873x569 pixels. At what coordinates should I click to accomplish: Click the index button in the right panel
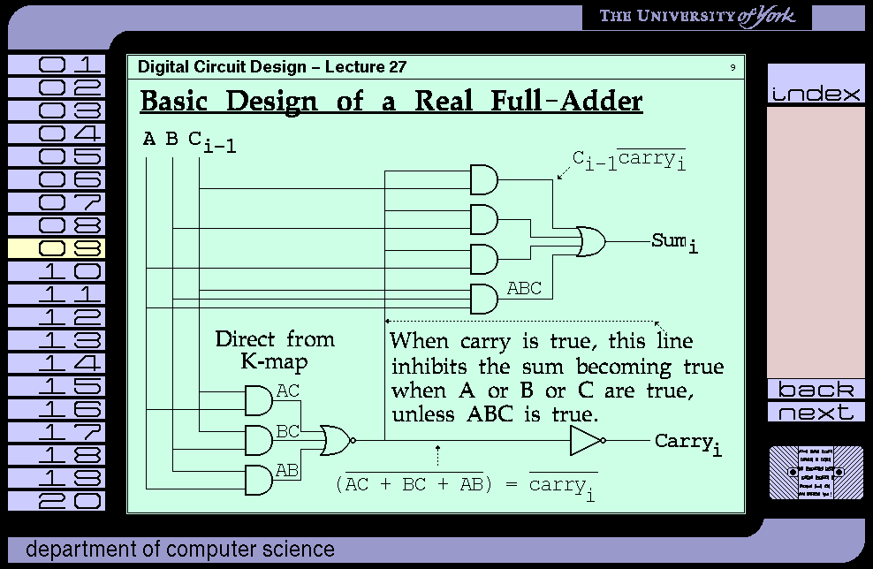[x=816, y=94]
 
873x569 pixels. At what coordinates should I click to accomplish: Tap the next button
[x=816, y=413]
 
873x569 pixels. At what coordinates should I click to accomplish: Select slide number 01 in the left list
[x=57, y=64]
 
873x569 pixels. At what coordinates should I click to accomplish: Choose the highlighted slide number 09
[x=57, y=248]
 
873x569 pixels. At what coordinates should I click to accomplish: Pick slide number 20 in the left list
[x=57, y=501]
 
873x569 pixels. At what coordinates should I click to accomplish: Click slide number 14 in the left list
[x=57, y=363]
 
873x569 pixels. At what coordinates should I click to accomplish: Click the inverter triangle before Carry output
[x=586, y=440]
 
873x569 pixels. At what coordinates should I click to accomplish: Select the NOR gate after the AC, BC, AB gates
[x=337, y=439]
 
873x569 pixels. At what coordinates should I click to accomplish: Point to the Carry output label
[x=687, y=443]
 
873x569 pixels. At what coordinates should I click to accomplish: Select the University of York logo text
[x=697, y=17]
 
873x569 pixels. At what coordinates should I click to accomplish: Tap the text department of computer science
[x=180, y=550]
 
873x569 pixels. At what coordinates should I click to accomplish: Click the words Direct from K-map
[x=275, y=350]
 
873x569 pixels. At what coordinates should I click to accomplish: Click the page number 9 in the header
[x=733, y=68]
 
